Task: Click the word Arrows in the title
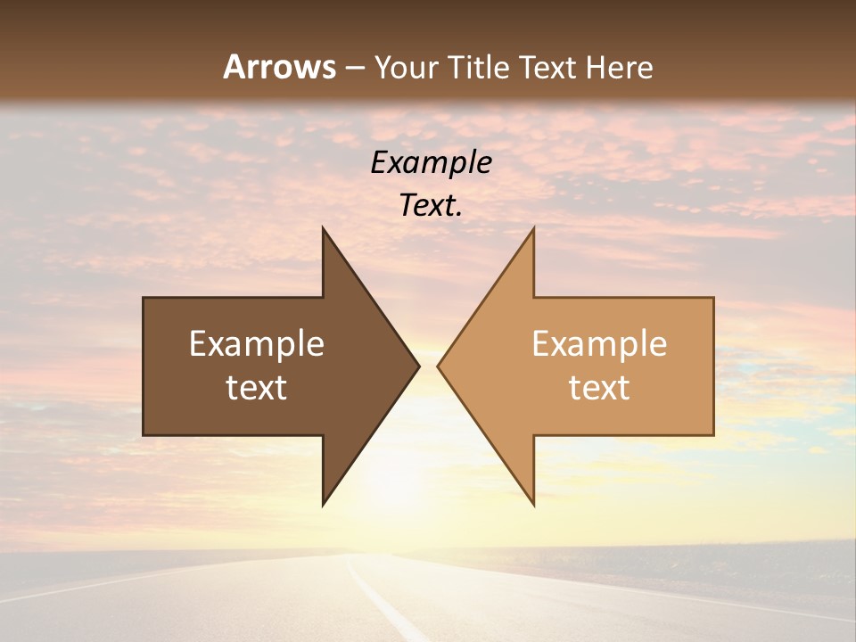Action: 279,67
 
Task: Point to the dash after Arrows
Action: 354,68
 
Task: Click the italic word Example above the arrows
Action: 431,162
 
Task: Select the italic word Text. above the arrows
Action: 431,206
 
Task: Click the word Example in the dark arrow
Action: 257,344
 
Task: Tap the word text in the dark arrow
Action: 257,388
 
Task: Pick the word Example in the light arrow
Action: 599,344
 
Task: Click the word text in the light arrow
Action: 599,388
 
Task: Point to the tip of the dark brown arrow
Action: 417,366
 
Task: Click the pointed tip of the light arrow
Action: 440,366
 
